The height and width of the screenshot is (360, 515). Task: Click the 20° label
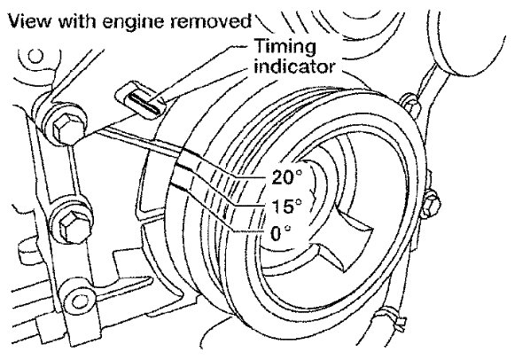pos(286,177)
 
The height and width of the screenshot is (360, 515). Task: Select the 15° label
pos(286,207)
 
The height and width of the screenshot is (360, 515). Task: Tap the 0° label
pos(281,233)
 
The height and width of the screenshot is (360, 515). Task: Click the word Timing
pos(285,47)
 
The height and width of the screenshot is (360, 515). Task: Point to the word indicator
pos(294,67)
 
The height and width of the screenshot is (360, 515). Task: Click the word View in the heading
pos(29,21)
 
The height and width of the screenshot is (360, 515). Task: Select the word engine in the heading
pos(133,22)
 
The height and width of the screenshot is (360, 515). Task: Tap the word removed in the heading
pos(211,20)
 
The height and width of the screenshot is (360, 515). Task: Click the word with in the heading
pos(78,21)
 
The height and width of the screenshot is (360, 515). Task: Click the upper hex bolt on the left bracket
pos(66,127)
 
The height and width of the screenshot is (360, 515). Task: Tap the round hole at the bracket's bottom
pos(79,301)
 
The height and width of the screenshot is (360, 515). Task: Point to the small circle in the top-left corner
pos(35,57)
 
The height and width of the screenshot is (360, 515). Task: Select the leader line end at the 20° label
pos(265,177)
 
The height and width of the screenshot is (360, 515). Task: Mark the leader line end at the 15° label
pos(265,206)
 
